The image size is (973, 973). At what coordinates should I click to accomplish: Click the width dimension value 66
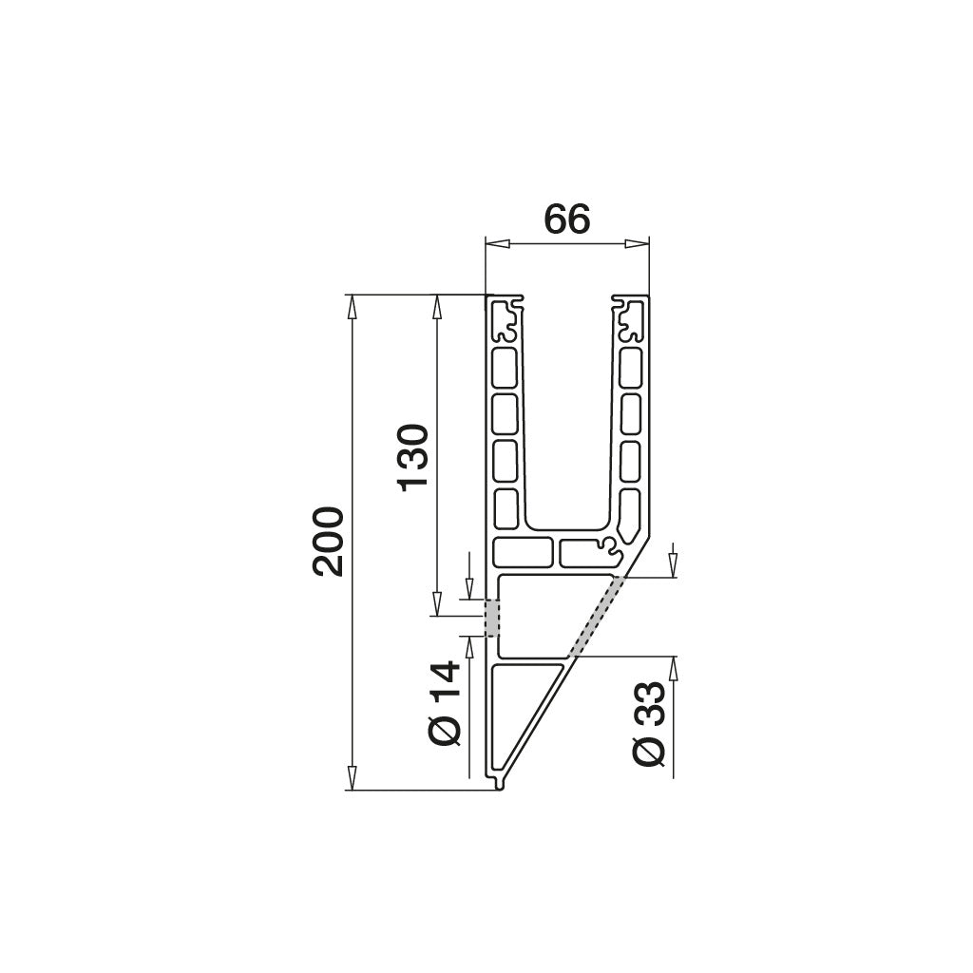click(567, 219)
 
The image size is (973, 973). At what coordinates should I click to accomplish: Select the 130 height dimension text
click(414, 457)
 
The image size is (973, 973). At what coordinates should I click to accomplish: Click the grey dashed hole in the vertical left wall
click(492, 618)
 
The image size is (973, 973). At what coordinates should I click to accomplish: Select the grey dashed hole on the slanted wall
click(597, 617)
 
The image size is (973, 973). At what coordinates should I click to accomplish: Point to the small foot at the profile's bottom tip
click(500, 784)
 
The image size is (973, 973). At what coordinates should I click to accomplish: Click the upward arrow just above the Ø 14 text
click(469, 646)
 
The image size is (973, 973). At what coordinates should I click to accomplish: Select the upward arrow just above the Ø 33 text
click(673, 668)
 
